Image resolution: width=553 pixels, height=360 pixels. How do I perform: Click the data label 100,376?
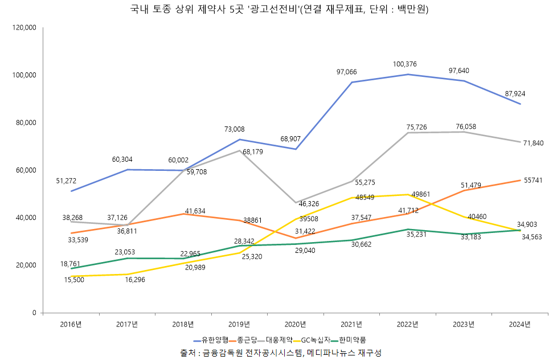(404, 64)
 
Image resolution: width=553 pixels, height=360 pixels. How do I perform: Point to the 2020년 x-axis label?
(295, 324)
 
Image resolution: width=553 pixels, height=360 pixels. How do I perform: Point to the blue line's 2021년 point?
(351, 82)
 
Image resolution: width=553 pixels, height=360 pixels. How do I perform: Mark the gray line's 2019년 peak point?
(239, 150)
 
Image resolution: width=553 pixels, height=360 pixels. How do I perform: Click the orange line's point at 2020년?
(295, 238)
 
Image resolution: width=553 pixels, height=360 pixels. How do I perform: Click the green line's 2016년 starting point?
(71, 268)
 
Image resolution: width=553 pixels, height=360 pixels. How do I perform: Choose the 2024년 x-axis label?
(519, 324)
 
